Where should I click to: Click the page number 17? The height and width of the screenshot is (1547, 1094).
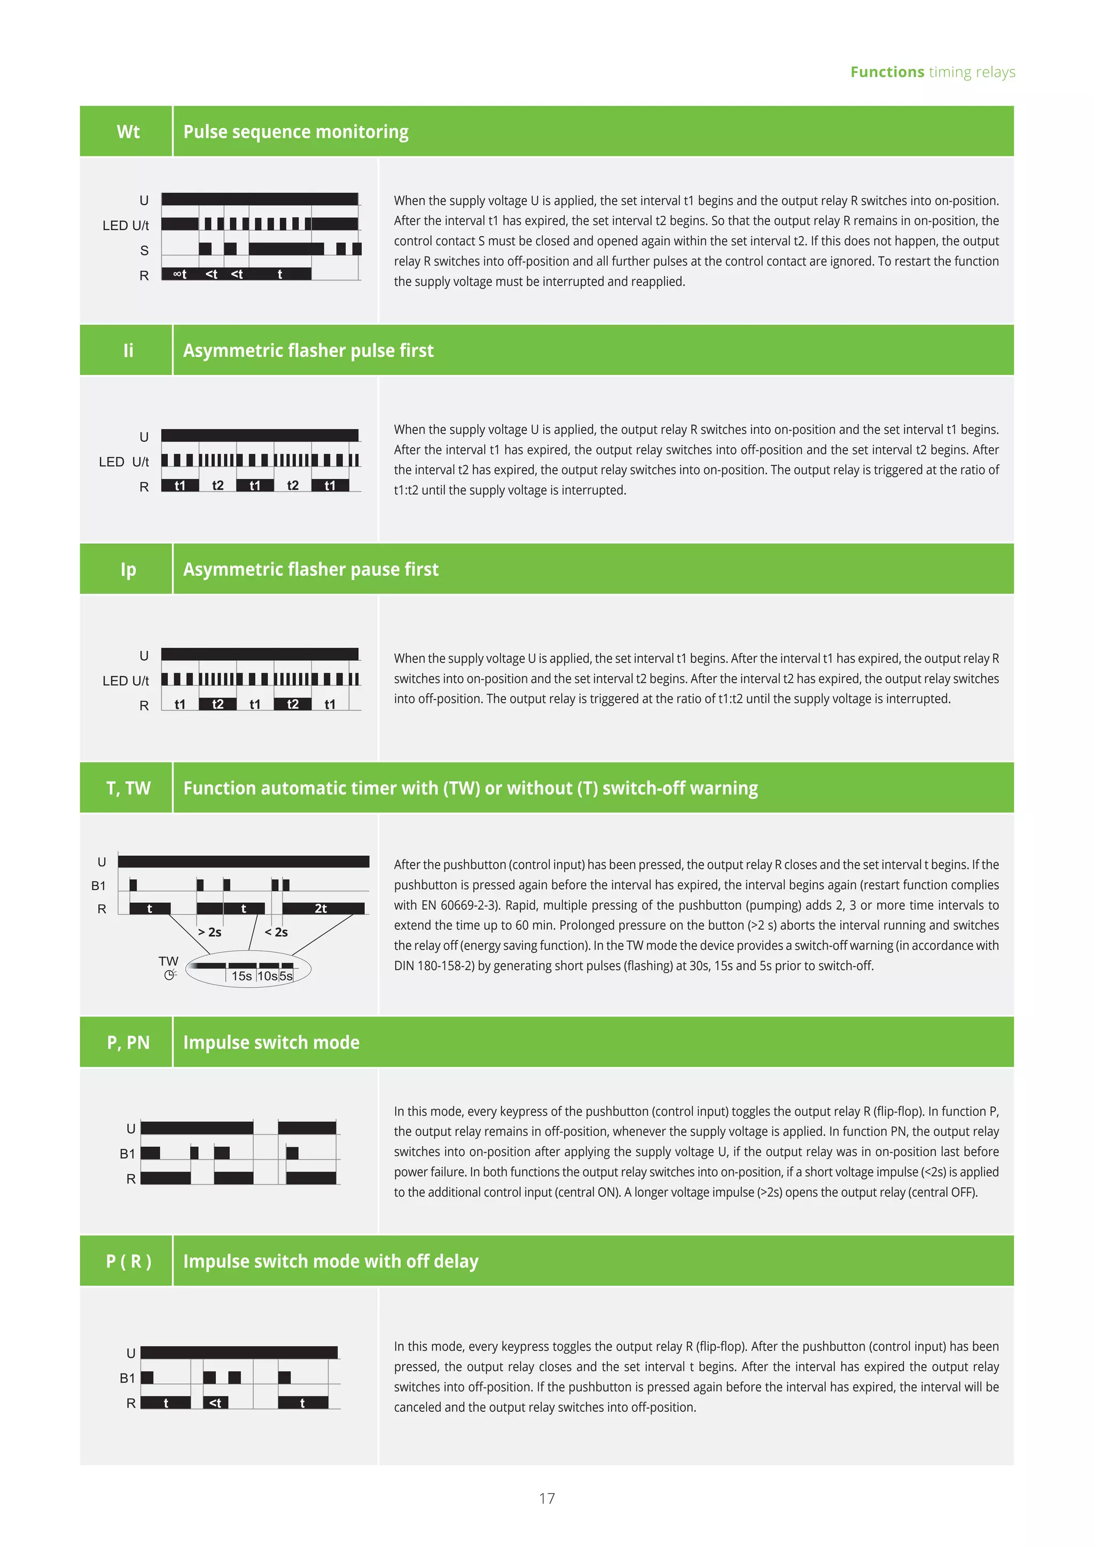coord(546,1498)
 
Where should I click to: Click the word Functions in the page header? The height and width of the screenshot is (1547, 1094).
coord(887,72)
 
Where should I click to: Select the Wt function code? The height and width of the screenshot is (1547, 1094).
coord(128,131)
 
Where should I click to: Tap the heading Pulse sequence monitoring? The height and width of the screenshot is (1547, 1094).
coord(296,131)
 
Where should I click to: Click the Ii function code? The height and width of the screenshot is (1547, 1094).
coord(128,350)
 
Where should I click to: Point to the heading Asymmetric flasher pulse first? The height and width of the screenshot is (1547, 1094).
coord(308,350)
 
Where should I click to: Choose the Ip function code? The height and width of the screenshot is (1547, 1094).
coord(128,569)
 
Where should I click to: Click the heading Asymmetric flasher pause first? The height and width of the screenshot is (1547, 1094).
coord(310,569)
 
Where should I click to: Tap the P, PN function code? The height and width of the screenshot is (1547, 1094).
coord(128,1042)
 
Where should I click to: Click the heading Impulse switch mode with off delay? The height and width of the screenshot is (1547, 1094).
coord(331,1261)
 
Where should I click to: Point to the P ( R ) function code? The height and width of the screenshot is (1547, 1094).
coord(128,1261)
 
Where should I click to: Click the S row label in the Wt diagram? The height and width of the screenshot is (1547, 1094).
coord(144,251)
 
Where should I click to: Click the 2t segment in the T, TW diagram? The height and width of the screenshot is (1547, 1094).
coord(321,908)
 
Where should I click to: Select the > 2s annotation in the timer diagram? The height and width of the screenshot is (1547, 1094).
coord(209,932)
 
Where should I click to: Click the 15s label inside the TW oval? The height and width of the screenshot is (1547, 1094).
coord(241,975)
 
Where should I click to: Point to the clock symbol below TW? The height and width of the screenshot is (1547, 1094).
coord(170,974)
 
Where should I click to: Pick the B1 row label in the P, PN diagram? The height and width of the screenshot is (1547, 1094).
coord(127,1153)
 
